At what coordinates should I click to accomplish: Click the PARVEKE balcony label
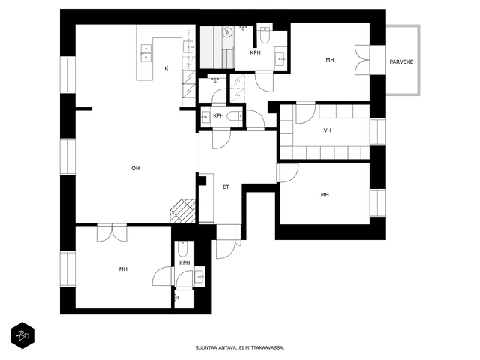401,61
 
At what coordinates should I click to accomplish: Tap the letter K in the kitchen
166,68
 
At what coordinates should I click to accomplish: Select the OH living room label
136,168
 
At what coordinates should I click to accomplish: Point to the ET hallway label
226,187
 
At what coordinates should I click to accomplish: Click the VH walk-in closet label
328,130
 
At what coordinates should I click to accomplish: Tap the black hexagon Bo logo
22,335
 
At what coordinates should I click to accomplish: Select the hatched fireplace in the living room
182,211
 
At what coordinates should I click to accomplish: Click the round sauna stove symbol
227,32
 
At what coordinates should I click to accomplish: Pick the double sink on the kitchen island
146,53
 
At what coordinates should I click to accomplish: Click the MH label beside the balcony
330,60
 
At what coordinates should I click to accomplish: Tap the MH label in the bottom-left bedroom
123,269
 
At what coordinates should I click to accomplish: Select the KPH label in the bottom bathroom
184,262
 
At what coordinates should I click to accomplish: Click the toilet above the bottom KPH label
182,249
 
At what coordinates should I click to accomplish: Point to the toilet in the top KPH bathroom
265,35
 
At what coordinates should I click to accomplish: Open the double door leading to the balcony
362,60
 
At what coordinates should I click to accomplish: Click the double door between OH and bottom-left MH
112,233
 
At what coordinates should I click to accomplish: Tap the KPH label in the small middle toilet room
218,115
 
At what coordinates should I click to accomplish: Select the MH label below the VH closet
325,195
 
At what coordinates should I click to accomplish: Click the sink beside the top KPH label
280,58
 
